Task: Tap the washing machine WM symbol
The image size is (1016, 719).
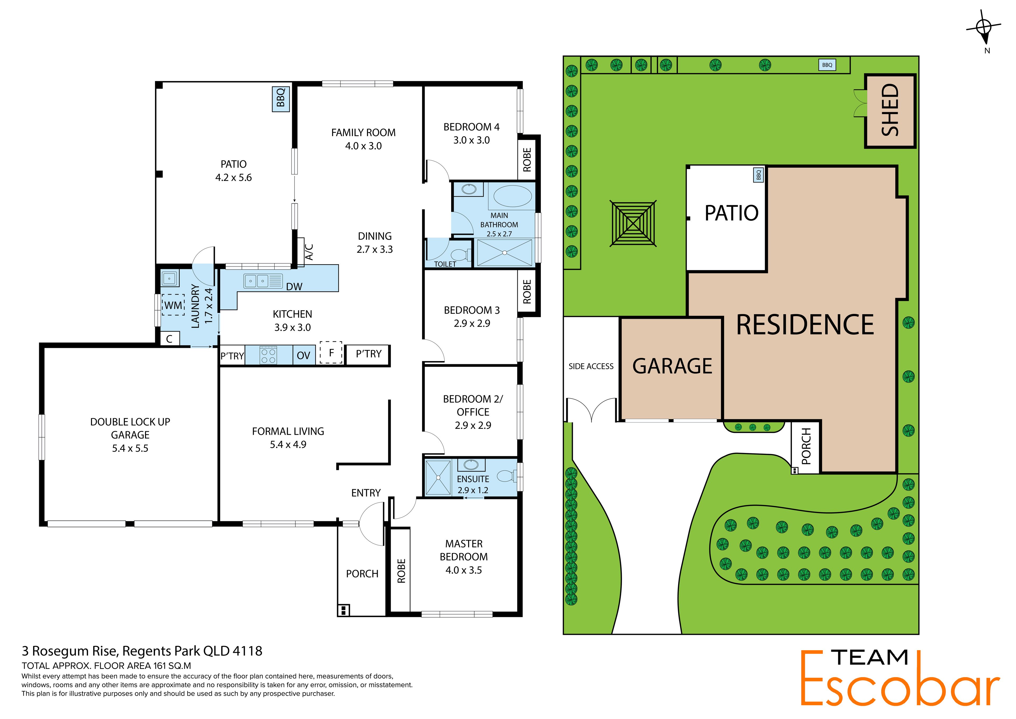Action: tap(173, 305)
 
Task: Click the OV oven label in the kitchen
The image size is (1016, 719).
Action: tap(303, 356)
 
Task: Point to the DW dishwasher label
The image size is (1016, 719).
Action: tap(294, 286)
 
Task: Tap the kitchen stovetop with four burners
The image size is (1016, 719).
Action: tap(269, 355)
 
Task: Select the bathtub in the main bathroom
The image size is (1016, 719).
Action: tap(512, 197)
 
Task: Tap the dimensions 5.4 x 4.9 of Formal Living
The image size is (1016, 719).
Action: tap(288, 444)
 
